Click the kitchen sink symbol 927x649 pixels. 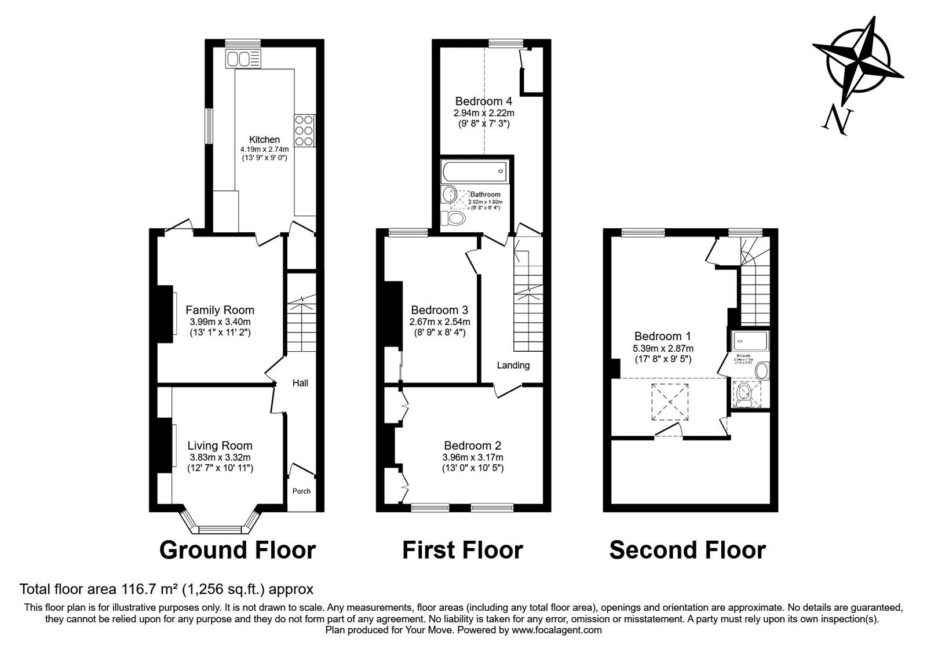[244, 59]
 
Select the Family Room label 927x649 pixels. [220, 311]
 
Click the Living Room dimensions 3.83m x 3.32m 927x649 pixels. [220, 457]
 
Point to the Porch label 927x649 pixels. [301, 491]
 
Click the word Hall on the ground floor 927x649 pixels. [300, 383]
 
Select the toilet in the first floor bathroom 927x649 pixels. [454, 218]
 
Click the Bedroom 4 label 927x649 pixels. [483, 101]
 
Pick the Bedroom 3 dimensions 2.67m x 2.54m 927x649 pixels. [440, 322]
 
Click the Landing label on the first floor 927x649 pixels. [513, 365]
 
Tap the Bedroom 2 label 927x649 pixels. [472, 446]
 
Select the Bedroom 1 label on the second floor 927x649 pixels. [662, 336]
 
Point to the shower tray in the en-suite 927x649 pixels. [750, 341]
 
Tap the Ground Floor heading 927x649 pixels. [238, 550]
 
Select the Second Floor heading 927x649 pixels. [687, 550]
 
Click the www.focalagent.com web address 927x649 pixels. [557, 630]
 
